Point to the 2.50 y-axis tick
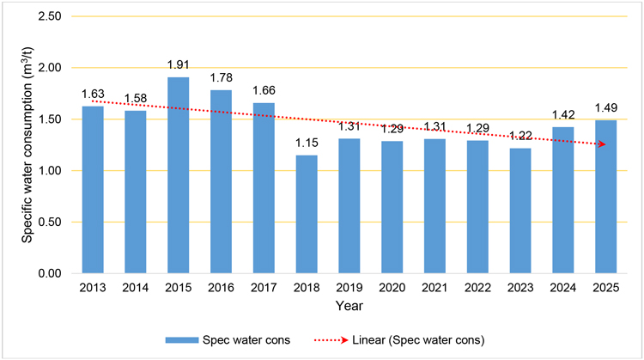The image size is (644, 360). coord(52,17)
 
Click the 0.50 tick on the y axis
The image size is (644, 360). coord(52,223)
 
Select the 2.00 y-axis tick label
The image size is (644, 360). coord(52,69)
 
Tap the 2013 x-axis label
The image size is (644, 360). coord(93,287)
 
